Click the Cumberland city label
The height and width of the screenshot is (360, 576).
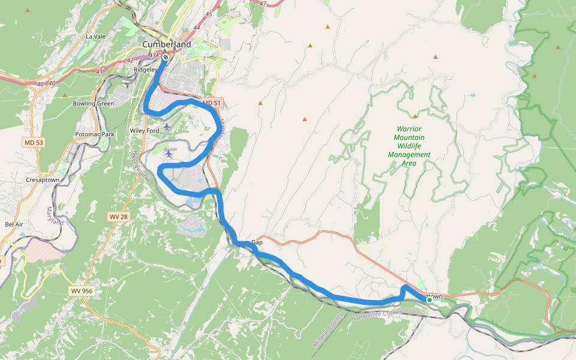[167, 44]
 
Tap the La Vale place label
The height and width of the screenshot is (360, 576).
[96, 37]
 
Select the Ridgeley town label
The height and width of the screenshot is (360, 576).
[145, 70]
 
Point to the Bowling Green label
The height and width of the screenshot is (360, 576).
[93, 104]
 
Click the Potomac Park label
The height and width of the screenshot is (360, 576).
[95, 134]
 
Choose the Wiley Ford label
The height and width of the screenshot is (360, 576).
[144, 131]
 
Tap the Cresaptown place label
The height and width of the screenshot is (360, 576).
[43, 180]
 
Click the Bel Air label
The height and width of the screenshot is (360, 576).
[14, 224]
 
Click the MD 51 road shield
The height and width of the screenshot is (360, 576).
[212, 103]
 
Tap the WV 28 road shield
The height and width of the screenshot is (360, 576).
[118, 216]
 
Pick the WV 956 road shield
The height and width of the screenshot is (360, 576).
[81, 291]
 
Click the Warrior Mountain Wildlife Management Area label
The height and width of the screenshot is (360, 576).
[409, 146]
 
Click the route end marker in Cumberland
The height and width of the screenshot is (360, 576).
[166, 58]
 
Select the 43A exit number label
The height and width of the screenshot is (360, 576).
[154, 55]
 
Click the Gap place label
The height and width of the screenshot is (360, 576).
[257, 242]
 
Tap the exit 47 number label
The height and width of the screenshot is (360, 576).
[263, 3]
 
